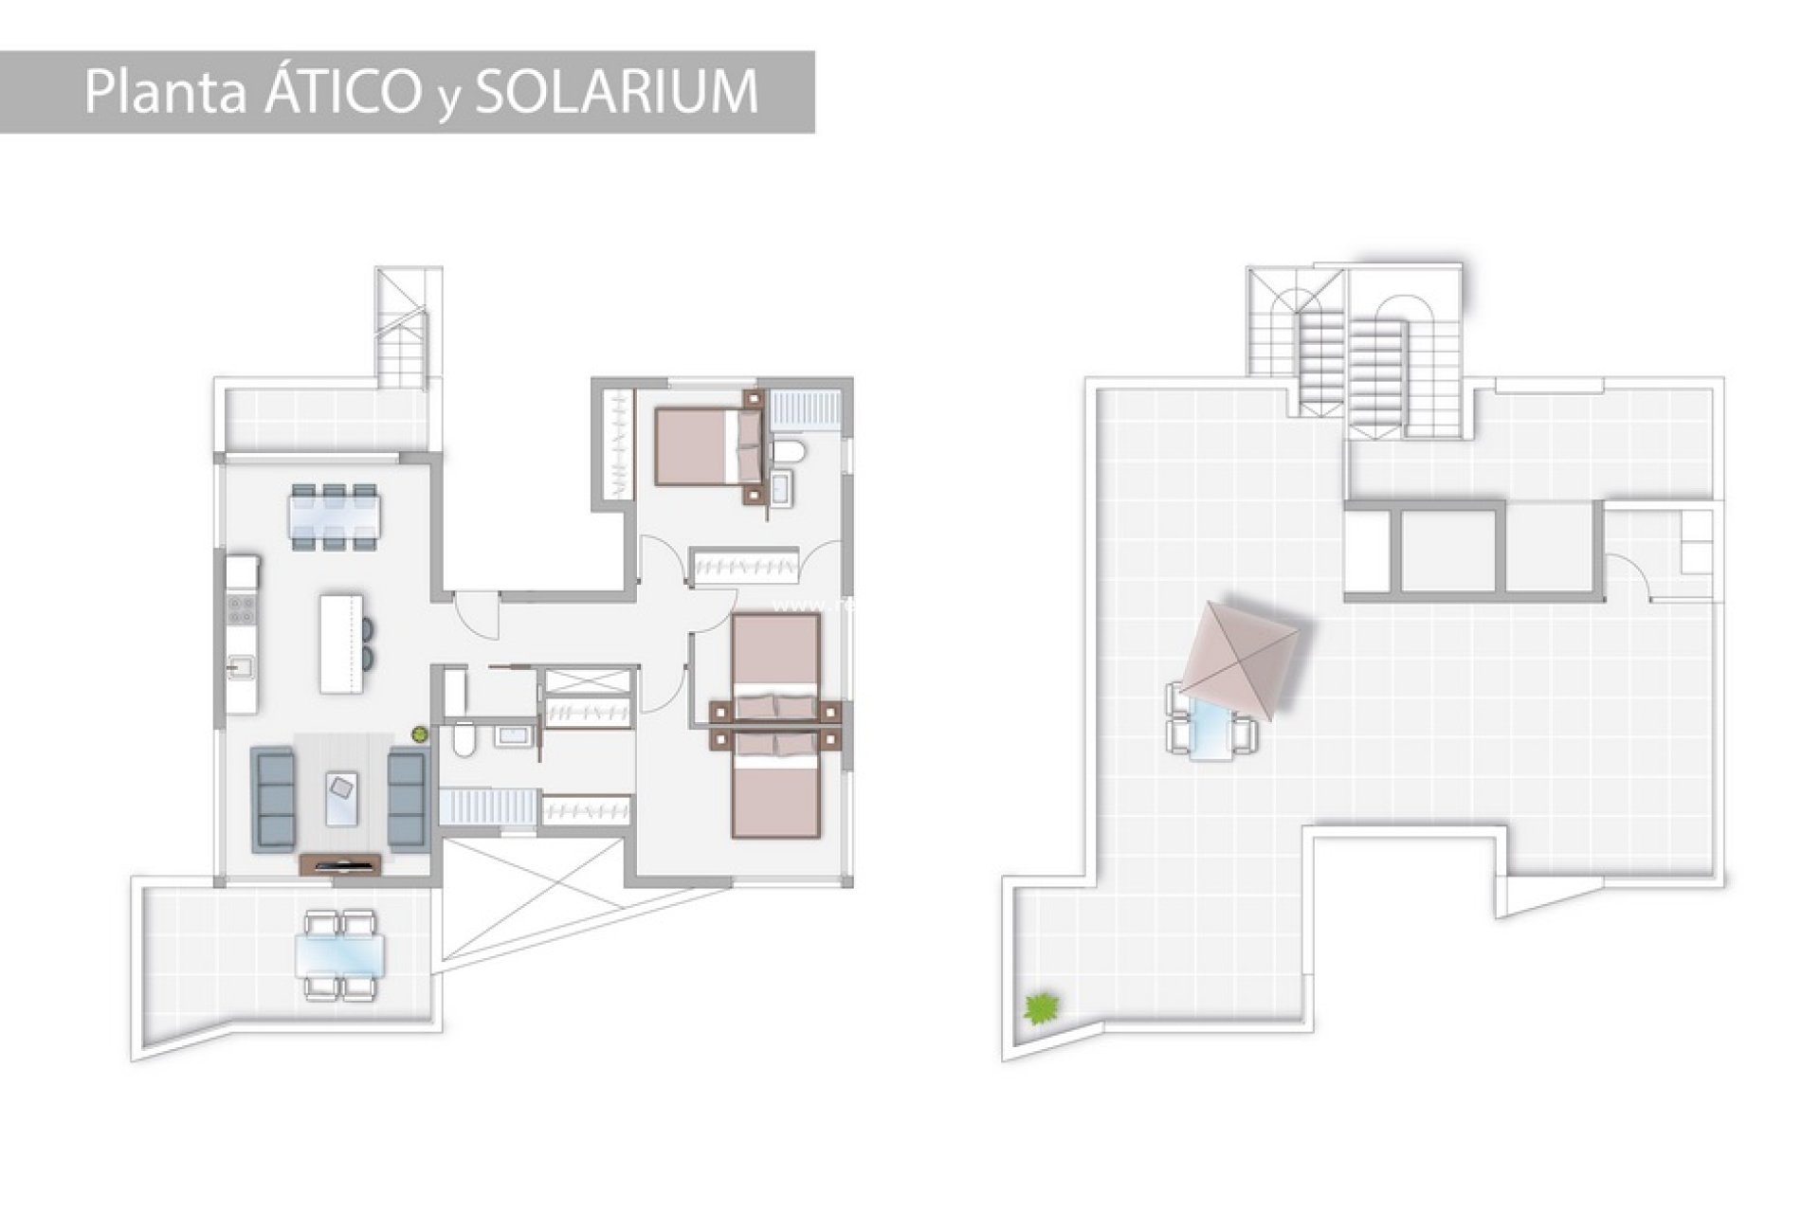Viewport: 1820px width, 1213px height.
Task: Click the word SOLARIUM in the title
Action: click(616, 92)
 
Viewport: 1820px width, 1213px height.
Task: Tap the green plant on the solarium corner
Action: click(1042, 1007)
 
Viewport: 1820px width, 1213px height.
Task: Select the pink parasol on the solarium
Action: click(1238, 652)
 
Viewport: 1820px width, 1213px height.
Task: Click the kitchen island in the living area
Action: click(341, 643)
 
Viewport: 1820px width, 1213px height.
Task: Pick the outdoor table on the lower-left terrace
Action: click(341, 955)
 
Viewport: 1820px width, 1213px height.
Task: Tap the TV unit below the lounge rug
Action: click(340, 863)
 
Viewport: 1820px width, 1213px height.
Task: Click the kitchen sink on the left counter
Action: click(241, 668)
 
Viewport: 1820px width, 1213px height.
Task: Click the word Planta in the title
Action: click(166, 92)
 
